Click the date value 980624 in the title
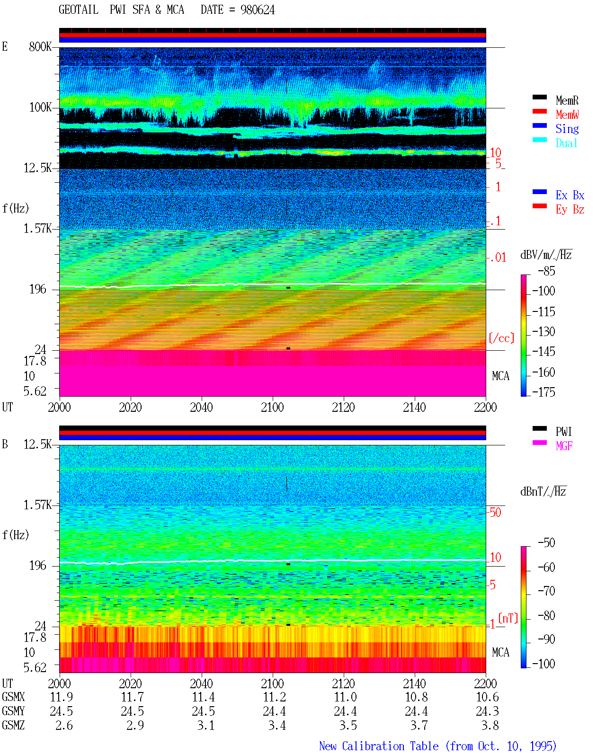pyautogui.click(x=257, y=10)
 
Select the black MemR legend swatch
pyautogui.click(x=539, y=97)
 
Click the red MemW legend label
pyautogui.click(x=567, y=115)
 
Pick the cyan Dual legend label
pyautogui.click(x=566, y=143)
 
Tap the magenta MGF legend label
pyautogui.click(x=564, y=446)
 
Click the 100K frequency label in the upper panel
pyautogui.click(x=40, y=107)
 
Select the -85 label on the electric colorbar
pyautogui.click(x=547, y=271)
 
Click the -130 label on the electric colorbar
pyautogui.click(x=544, y=331)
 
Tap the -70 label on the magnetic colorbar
pyautogui.click(x=547, y=591)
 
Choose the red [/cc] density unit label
pyautogui.click(x=501, y=338)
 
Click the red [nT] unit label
pyautogui.click(x=508, y=618)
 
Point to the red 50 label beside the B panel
pyautogui.click(x=495, y=512)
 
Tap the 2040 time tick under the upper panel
pyautogui.click(x=201, y=407)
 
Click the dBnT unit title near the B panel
pyautogui.click(x=543, y=492)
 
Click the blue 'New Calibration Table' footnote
pyautogui.click(x=379, y=746)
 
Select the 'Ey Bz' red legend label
pyautogui.click(x=570, y=210)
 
